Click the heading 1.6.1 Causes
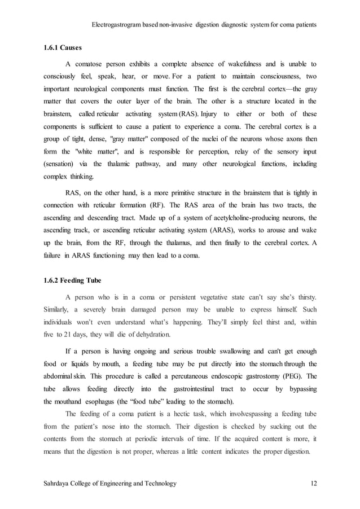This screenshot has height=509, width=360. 62,48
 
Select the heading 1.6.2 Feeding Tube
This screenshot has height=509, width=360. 70,280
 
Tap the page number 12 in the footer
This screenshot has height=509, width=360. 314,484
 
